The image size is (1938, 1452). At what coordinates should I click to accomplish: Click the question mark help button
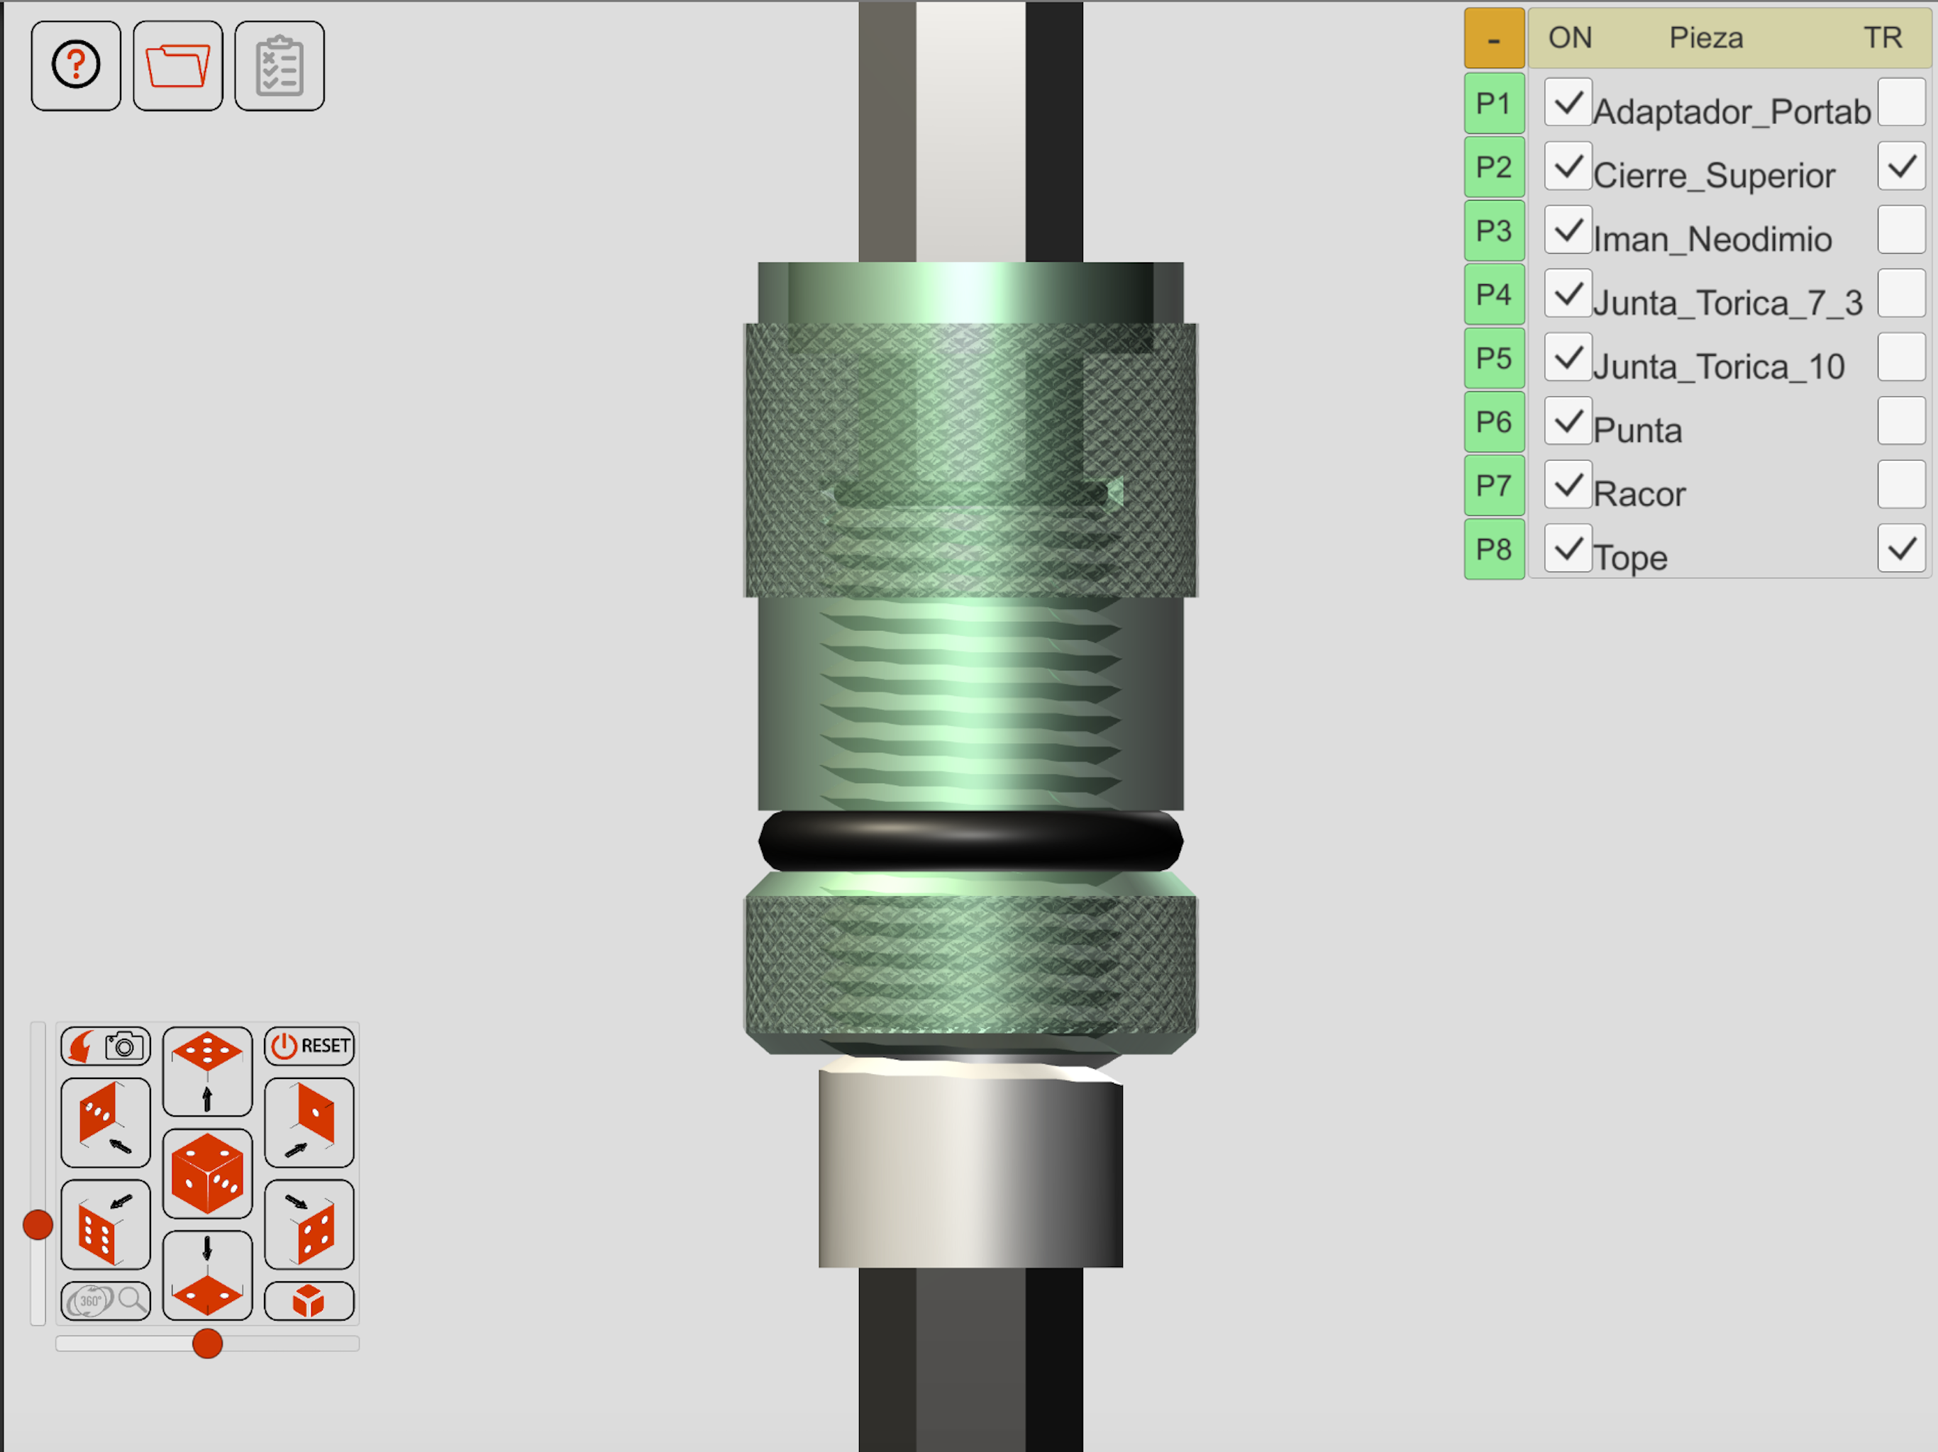coord(76,66)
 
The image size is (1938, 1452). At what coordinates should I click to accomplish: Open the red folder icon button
coord(178,66)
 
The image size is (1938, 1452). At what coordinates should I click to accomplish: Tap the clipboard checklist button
coord(279,66)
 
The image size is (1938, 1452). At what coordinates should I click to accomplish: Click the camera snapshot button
coord(106,1046)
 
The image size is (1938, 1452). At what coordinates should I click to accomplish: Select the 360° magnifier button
coord(106,1300)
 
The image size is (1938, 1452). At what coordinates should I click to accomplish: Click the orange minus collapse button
coord(1494,38)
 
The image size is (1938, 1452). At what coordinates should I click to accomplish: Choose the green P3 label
coord(1494,230)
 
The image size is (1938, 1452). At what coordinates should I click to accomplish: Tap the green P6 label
coord(1494,422)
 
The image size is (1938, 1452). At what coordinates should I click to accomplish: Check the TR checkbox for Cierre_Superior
coord(1901,167)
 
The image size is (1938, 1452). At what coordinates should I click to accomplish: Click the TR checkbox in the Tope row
coord(1901,549)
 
